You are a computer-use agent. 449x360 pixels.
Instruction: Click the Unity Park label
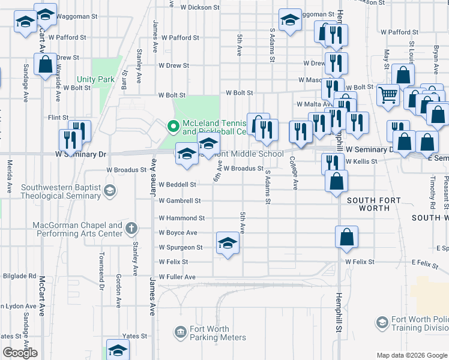point(95,79)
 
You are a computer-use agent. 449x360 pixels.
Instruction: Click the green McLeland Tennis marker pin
point(173,127)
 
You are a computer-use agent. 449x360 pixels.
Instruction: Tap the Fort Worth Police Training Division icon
point(382,323)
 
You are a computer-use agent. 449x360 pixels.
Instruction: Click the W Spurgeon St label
point(181,247)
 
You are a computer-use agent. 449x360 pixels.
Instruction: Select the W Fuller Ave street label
point(177,277)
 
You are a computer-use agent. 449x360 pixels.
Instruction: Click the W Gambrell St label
point(179,200)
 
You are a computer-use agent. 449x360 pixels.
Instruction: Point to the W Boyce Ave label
point(178,232)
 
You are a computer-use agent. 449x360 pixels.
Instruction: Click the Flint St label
point(58,118)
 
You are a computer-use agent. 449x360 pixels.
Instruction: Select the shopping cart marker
point(388,94)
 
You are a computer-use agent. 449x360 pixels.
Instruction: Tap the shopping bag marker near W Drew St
point(46,64)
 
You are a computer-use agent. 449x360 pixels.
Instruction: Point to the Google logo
point(20,353)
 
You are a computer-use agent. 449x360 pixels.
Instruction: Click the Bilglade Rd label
point(19,276)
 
